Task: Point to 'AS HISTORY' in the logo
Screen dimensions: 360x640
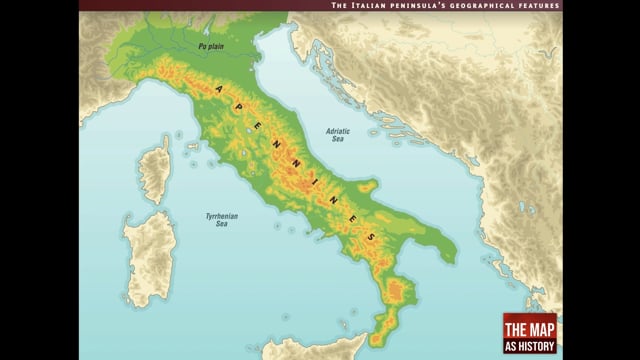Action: [x=529, y=343]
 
